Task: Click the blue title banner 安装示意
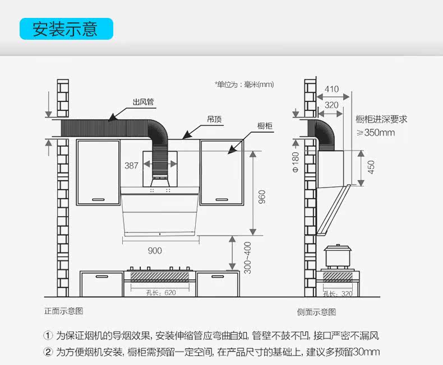(x=66, y=29)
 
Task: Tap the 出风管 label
(x=143, y=102)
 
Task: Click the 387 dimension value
(x=131, y=165)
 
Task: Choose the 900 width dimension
(x=155, y=250)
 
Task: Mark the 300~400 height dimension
(x=247, y=258)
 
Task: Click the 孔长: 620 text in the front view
(x=161, y=292)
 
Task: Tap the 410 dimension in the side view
(x=331, y=89)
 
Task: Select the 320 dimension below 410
(x=331, y=105)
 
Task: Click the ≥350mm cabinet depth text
(x=376, y=133)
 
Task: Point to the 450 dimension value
(x=371, y=166)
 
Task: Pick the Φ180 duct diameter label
(x=296, y=162)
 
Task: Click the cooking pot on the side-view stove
(x=336, y=256)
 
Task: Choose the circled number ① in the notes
(x=48, y=336)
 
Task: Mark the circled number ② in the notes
(x=48, y=352)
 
